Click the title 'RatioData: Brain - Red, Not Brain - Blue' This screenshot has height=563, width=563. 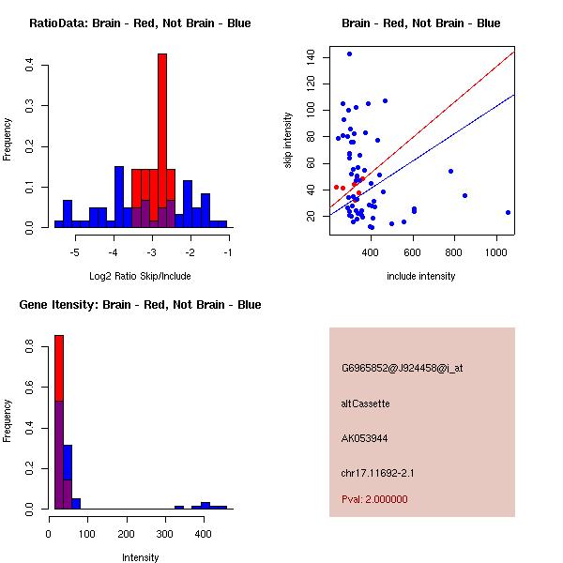pos(140,23)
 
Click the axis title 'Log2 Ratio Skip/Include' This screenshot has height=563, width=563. pos(140,276)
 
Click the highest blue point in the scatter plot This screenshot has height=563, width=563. pos(349,54)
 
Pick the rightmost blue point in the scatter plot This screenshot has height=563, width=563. pos(508,212)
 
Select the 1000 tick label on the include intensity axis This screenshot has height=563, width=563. pos(498,253)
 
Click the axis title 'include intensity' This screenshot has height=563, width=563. pos(421,276)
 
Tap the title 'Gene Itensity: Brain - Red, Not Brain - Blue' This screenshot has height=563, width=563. pos(140,305)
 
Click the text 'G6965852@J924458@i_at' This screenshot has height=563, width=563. pos(402,368)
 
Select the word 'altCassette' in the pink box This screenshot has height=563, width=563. pos(365,403)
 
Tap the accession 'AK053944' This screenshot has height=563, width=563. pos(365,438)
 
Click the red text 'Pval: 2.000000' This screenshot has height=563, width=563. pos(374,499)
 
